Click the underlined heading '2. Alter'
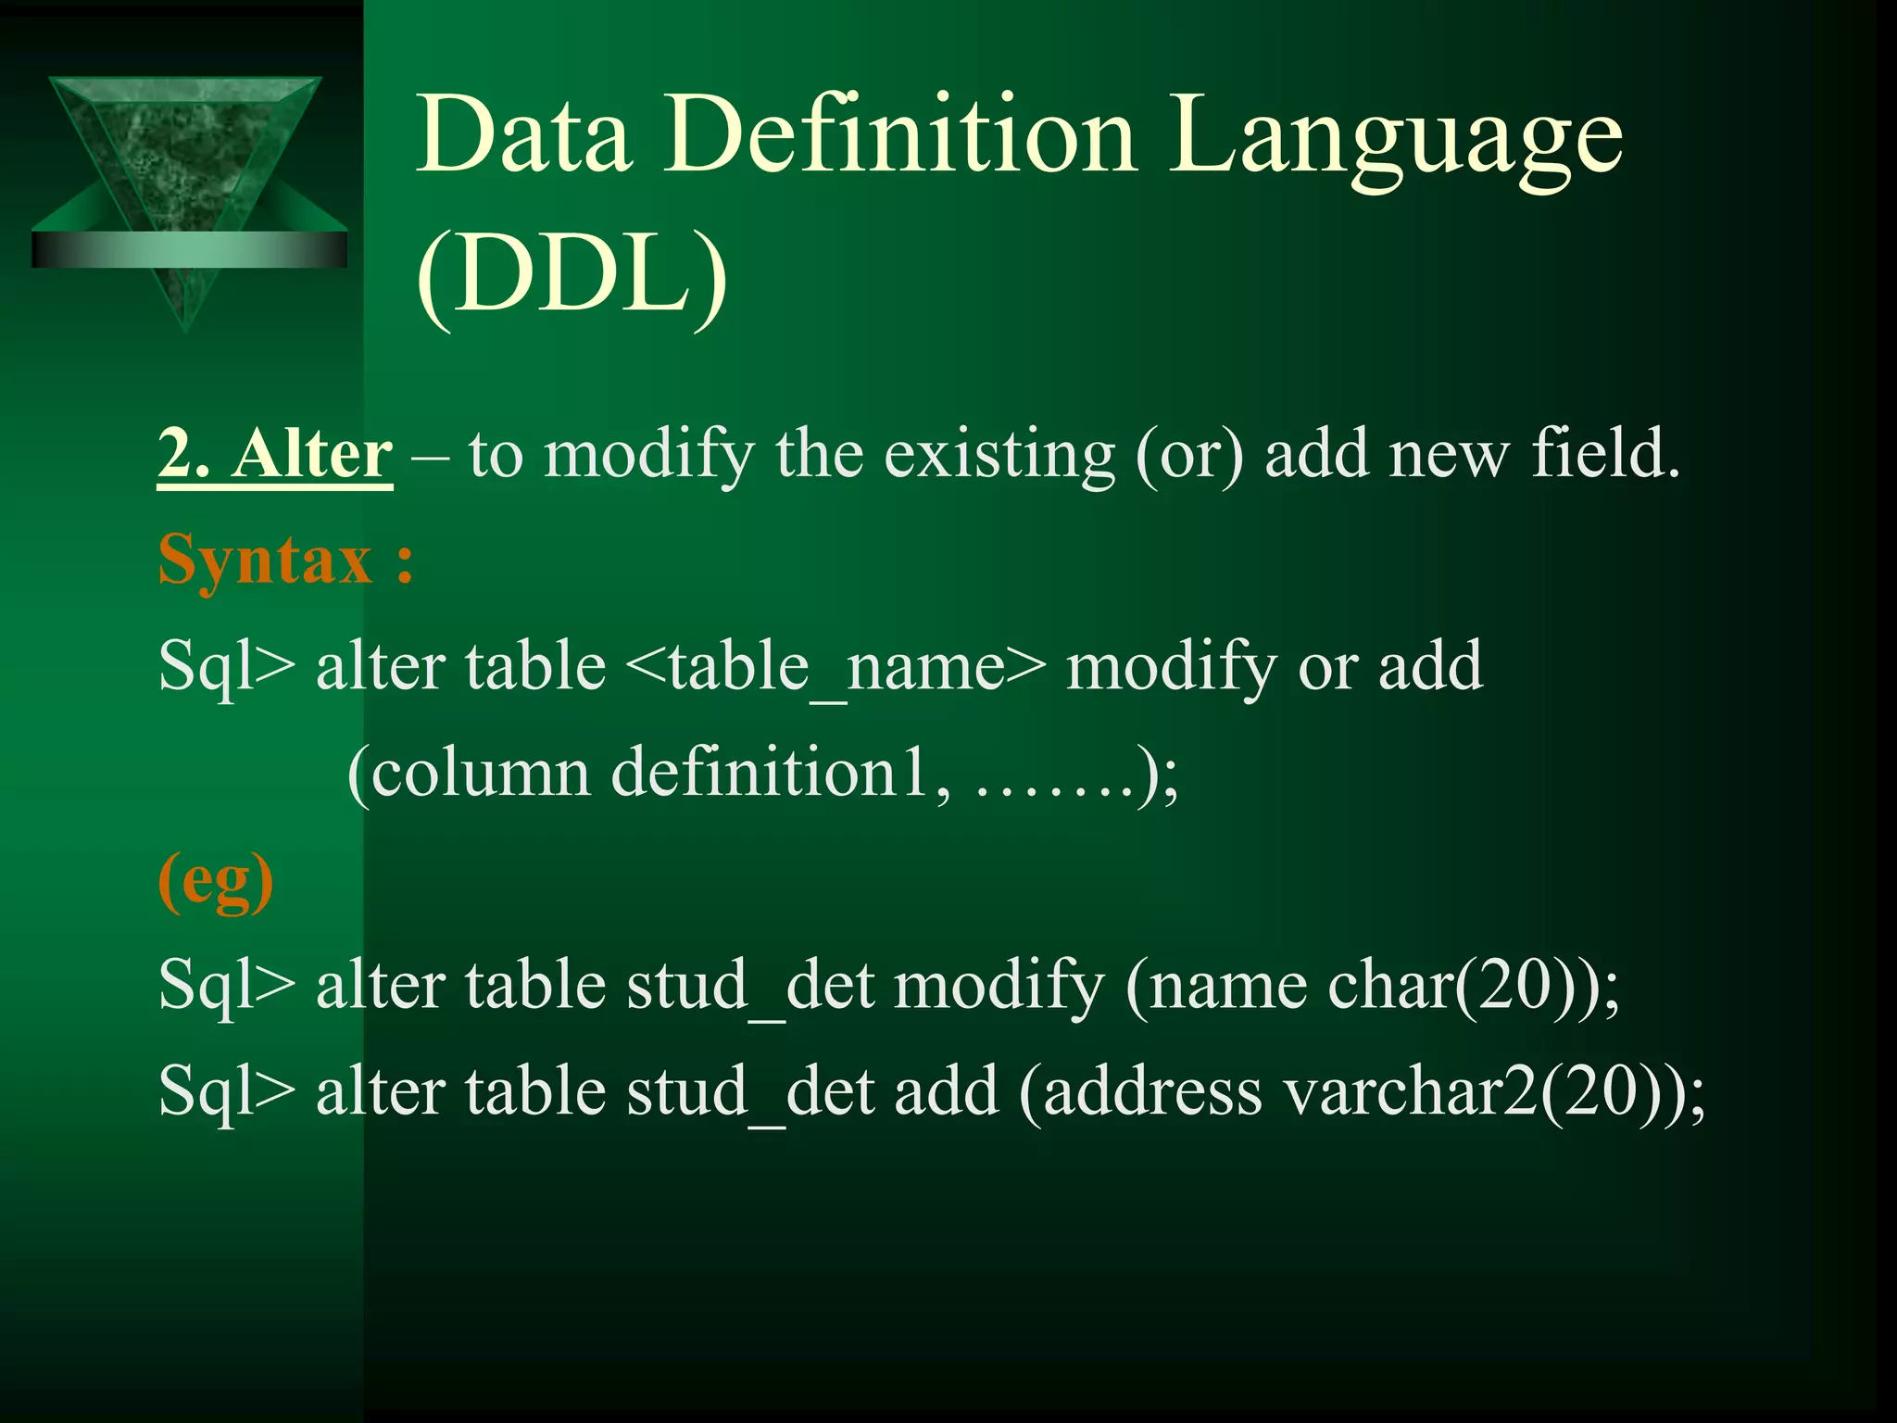pyautogui.click(x=275, y=456)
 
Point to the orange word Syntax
pyautogui.click(x=266, y=560)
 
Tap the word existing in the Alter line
pyautogui.click(x=999, y=456)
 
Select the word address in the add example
pyautogui.click(x=1152, y=1091)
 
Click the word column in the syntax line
pyautogui.click(x=480, y=773)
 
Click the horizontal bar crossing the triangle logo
pyautogui.click(x=189, y=250)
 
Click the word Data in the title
pyautogui.click(x=524, y=137)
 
